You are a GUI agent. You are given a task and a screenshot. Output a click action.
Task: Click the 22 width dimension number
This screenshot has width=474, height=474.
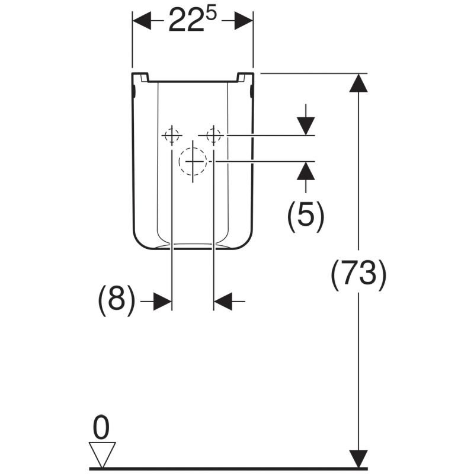point(185,21)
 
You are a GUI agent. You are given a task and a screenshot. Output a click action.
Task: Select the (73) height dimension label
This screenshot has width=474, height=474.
point(358,275)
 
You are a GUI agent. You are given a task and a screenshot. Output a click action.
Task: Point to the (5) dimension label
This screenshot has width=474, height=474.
point(306,217)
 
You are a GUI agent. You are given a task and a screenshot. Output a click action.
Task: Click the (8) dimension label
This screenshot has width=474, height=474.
point(116,300)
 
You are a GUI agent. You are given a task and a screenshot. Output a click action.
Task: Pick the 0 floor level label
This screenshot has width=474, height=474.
point(101,428)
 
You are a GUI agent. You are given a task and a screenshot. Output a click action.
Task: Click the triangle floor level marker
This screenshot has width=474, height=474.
point(102,455)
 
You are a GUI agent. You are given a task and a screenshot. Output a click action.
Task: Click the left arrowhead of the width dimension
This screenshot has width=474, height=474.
point(142,21)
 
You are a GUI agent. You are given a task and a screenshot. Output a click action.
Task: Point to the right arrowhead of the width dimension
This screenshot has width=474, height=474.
point(244,21)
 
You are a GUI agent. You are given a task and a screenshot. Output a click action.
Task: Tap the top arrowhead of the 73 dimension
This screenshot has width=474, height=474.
point(358,83)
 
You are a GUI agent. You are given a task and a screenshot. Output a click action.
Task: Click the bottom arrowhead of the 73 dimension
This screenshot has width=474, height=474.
point(358,459)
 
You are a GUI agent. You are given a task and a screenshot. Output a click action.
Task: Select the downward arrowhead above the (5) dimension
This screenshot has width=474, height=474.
point(306,126)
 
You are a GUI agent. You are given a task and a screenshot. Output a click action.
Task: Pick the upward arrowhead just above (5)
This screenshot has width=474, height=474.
point(306,171)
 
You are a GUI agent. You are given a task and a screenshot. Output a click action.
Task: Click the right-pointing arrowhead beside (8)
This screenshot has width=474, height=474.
point(162,302)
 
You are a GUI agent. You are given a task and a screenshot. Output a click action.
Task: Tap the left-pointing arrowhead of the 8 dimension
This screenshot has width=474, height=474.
point(223,302)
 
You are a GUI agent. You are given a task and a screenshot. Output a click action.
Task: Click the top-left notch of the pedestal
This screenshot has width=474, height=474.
point(145,78)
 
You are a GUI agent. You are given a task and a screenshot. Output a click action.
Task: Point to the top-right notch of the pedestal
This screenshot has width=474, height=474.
point(241,78)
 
